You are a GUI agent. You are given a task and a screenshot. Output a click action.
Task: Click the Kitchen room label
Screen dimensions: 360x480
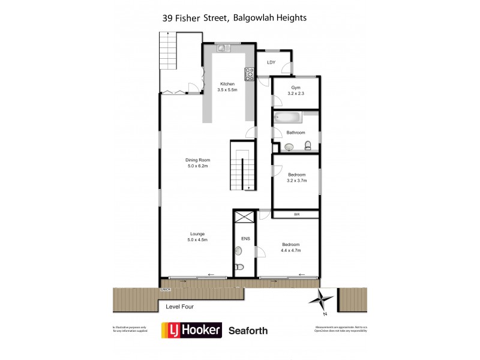coord(227,83)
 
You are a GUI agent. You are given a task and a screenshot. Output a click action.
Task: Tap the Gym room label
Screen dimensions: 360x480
coord(296,88)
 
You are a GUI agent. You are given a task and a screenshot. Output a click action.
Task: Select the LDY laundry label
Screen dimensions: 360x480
coord(271,62)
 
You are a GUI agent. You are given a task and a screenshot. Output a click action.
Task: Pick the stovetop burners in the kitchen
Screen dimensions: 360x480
coord(249,74)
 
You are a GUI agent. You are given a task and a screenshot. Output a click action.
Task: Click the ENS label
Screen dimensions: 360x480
coord(245,238)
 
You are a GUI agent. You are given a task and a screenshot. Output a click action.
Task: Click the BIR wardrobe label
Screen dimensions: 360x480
coord(296,214)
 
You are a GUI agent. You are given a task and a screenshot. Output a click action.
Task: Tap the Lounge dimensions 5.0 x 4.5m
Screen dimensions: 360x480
coord(198,240)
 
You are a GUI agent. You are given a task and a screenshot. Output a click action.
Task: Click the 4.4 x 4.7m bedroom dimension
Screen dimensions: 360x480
coord(291,250)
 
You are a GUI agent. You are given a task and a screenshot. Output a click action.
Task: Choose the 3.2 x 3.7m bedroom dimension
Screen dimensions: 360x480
coord(296,180)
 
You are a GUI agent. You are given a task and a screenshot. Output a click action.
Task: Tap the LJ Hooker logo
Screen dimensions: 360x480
coord(191,330)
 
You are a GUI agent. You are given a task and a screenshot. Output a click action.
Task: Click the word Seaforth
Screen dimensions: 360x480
coord(248,330)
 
